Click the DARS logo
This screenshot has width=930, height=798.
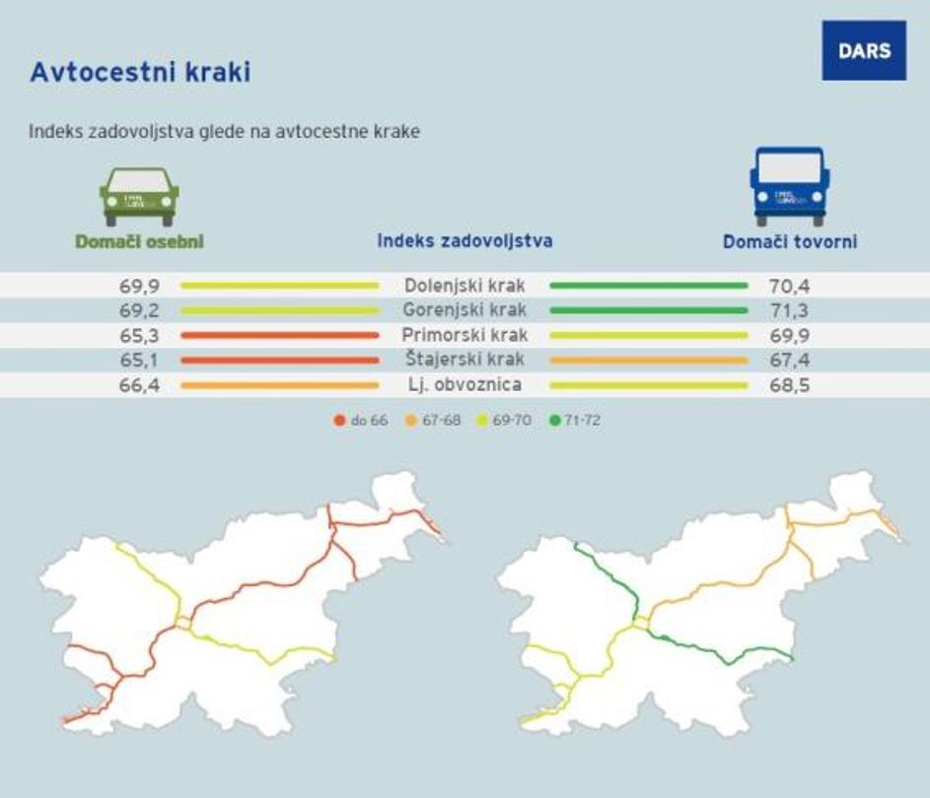tap(863, 50)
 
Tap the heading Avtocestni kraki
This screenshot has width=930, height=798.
tap(140, 73)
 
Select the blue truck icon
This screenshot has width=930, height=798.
tap(789, 186)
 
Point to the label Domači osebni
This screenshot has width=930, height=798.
tap(139, 241)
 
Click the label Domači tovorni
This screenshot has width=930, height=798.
tap(789, 241)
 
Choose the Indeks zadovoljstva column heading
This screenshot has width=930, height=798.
tap(465, 240)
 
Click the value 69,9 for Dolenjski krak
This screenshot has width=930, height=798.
tap(140, 287)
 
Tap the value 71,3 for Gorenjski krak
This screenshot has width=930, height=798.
tap(789, 311)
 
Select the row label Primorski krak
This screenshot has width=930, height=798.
tap(465, 335)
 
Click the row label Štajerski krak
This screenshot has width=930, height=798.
tap(465, 360)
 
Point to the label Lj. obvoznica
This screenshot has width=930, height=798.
tap(465, 384)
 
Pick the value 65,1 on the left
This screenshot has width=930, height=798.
tap(140, 361)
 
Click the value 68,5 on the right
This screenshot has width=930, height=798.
tap(789, 385)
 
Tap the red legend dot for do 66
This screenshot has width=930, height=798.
tap(339, 421)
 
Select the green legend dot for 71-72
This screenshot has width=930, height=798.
tap(555, 421)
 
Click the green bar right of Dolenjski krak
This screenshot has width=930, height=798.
tap(648, 286)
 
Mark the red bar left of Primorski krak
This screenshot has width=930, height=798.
tap(279, 335)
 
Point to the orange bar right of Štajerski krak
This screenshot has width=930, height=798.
tap(648, 360)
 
